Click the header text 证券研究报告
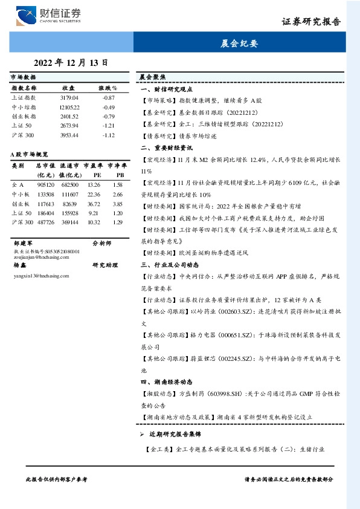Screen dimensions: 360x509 [311, 21]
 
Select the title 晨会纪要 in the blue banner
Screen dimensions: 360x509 [240, 44]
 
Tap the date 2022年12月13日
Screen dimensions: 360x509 [71, 62]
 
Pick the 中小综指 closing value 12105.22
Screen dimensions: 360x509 [70, 107]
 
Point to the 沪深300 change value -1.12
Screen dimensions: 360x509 [108, 135]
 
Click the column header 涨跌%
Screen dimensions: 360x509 [108, 88]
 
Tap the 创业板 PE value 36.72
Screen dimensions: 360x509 [94, 204]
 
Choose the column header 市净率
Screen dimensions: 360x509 [117, 165]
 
